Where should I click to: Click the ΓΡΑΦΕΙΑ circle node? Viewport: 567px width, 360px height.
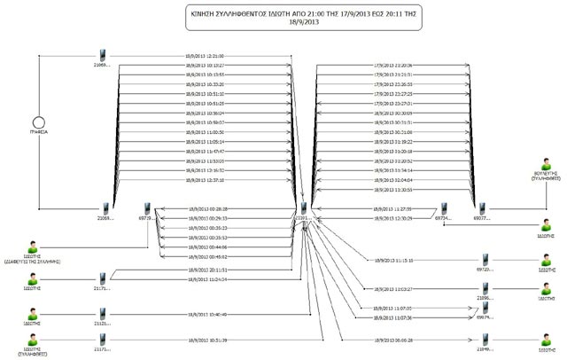click(x=37, y=120)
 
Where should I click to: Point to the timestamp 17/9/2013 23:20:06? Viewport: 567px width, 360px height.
click(x=393, y=65)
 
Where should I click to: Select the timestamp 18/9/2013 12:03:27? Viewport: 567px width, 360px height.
click(x=393, y=289)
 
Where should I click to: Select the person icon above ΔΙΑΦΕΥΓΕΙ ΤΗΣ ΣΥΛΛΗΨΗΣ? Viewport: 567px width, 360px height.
click(x=35, y=247)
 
